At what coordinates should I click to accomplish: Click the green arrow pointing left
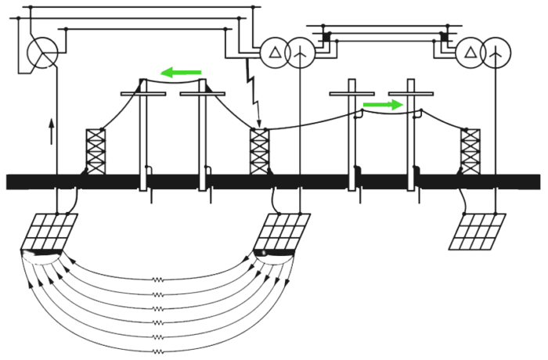[x=182, y=73]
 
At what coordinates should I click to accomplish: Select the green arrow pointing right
[x=381, y=104]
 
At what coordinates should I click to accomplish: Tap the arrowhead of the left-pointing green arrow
[x=162, y=73]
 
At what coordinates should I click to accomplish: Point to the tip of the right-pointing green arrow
[x=402, y=104]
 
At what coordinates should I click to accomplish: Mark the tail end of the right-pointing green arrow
[x=360, y=104]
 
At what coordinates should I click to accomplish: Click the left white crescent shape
[x=41, y=257]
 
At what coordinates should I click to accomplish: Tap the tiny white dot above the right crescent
[x=264, y=252]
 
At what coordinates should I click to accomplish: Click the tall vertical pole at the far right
[x=494, y=117]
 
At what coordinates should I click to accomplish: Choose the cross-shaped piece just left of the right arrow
[x=349, y=94]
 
